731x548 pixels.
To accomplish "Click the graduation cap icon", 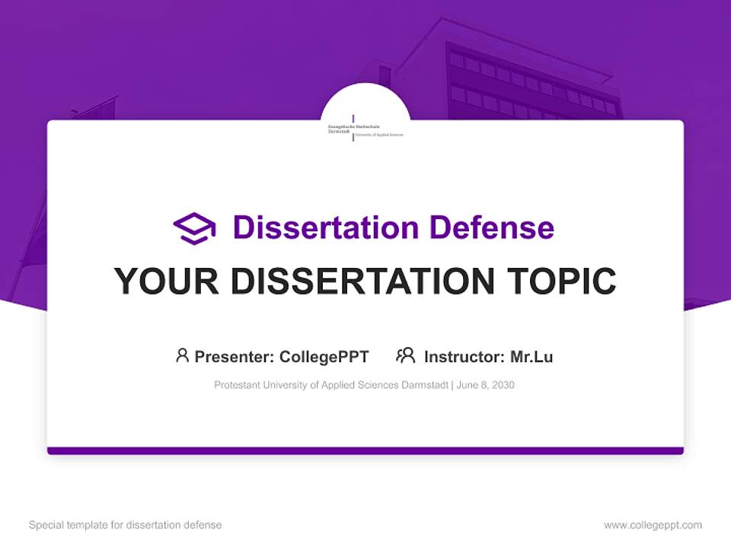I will [194, 228].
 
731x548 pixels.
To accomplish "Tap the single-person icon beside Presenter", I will [182, 355].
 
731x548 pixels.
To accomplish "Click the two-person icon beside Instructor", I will [406, 355].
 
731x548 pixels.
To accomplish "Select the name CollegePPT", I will [324, 356].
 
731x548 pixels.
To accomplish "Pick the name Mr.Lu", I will [531, 356].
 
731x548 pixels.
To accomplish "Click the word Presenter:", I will [235, 356].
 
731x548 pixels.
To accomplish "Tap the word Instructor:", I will [464, 356].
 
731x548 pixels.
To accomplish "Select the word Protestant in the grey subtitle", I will [237, 385].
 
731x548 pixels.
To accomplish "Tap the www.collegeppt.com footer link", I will [653, 525].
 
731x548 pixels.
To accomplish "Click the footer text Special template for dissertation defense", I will [126, 525].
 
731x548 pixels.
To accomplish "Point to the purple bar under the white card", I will [365, 451].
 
